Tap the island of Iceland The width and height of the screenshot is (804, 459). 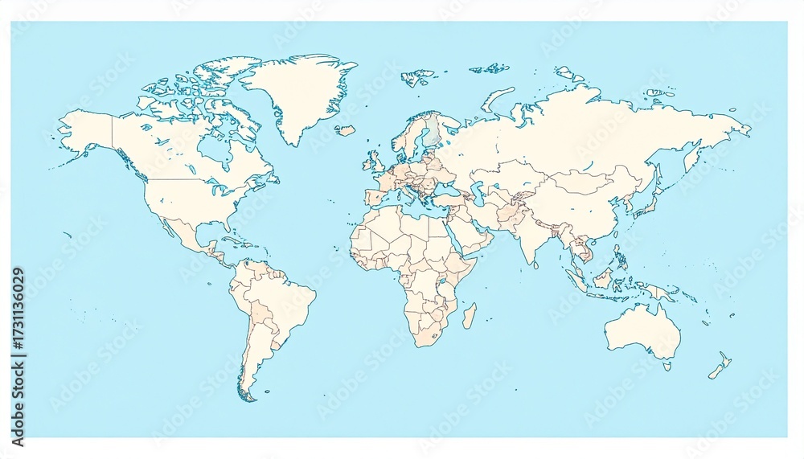tap(346, 129)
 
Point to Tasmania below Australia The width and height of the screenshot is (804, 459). tap(667, 367)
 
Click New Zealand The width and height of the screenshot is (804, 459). tap(720, 366)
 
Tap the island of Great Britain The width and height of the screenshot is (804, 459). tap(373, 160)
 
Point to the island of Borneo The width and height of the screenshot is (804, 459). tap(604, 278)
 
